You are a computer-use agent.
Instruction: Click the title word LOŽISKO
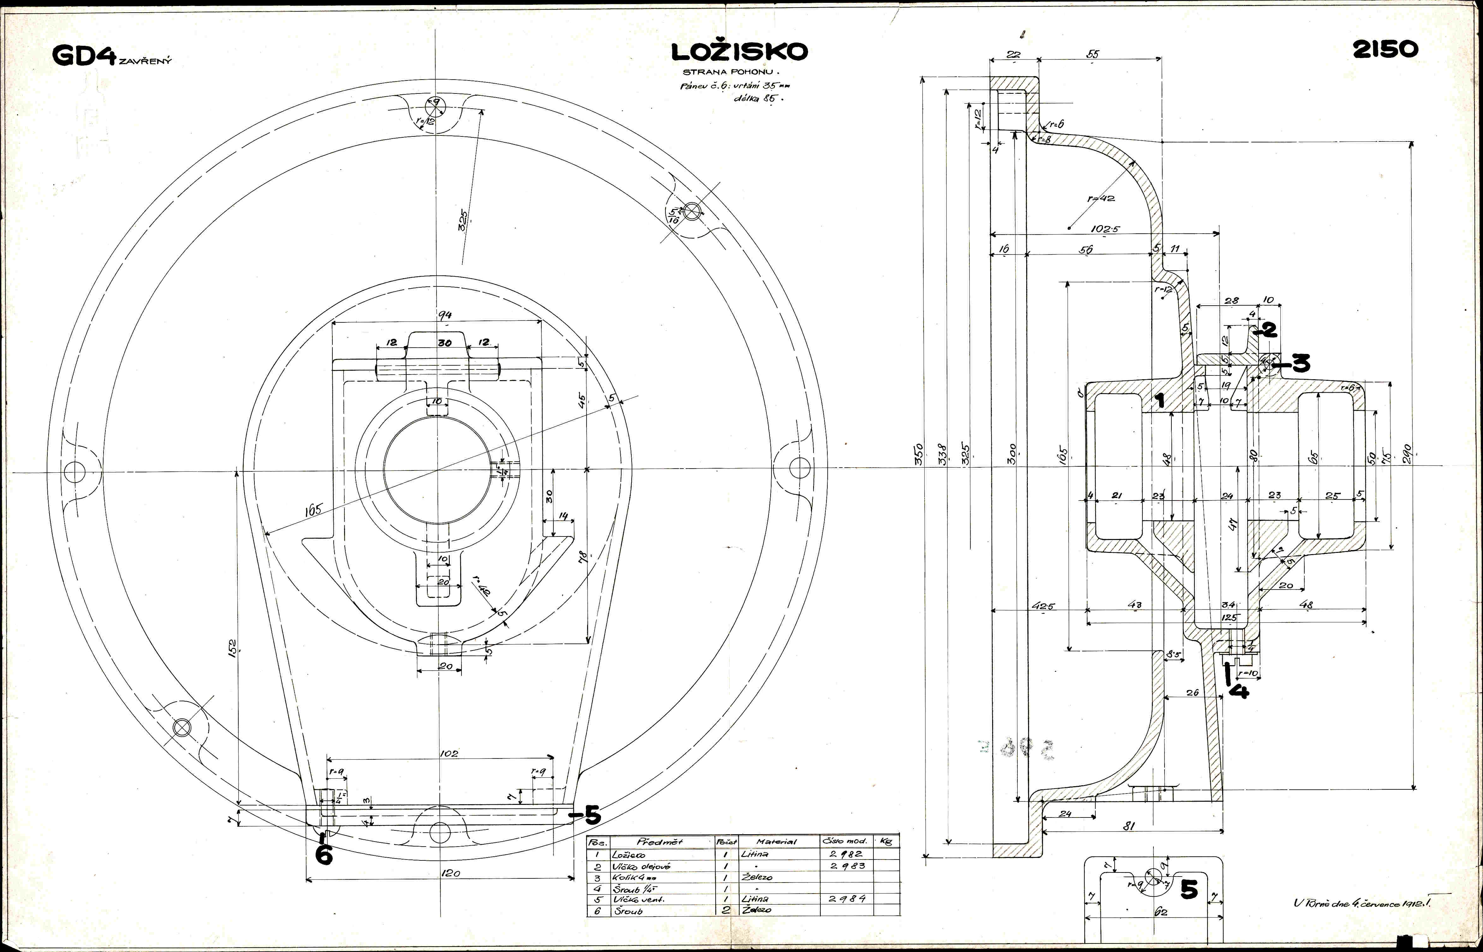coord(739,52)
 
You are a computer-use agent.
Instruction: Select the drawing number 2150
coord(1385,50)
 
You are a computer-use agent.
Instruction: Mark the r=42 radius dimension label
coord(1100,199)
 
